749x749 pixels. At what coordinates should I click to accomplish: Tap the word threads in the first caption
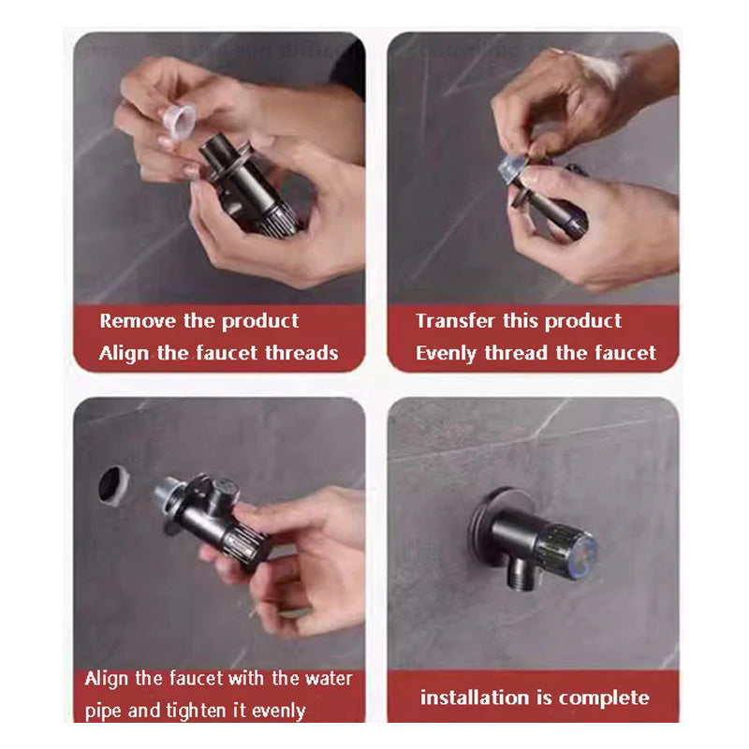click(300, 354)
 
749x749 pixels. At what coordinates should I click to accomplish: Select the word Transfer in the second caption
click(455, 321)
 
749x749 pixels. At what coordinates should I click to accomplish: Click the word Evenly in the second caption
click(447, 354)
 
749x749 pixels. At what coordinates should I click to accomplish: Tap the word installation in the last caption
click(475, 698)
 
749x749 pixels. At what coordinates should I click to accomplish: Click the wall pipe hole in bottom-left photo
click(113, 485)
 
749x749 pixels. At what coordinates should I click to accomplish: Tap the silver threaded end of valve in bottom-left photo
click(169, 495)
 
